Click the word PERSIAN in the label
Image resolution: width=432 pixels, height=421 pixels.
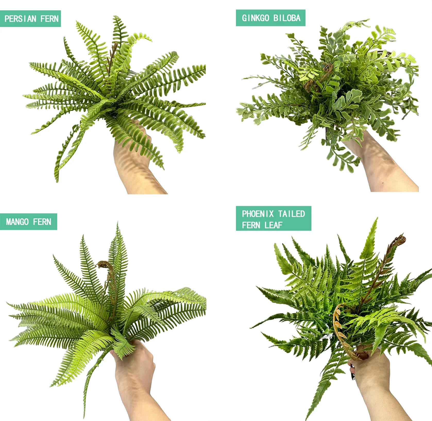21,19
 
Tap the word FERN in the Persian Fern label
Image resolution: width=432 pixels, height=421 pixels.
49,19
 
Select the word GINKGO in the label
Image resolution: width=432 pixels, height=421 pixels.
256,18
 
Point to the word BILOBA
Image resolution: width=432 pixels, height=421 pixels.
287,18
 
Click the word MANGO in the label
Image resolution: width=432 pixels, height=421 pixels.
17,222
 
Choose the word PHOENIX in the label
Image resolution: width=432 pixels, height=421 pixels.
258,214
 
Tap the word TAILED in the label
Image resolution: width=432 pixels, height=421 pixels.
291,214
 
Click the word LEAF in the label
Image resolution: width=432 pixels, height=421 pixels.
274,225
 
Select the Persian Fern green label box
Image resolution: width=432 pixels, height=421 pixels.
30,19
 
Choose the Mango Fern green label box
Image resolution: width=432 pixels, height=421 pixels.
28,222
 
